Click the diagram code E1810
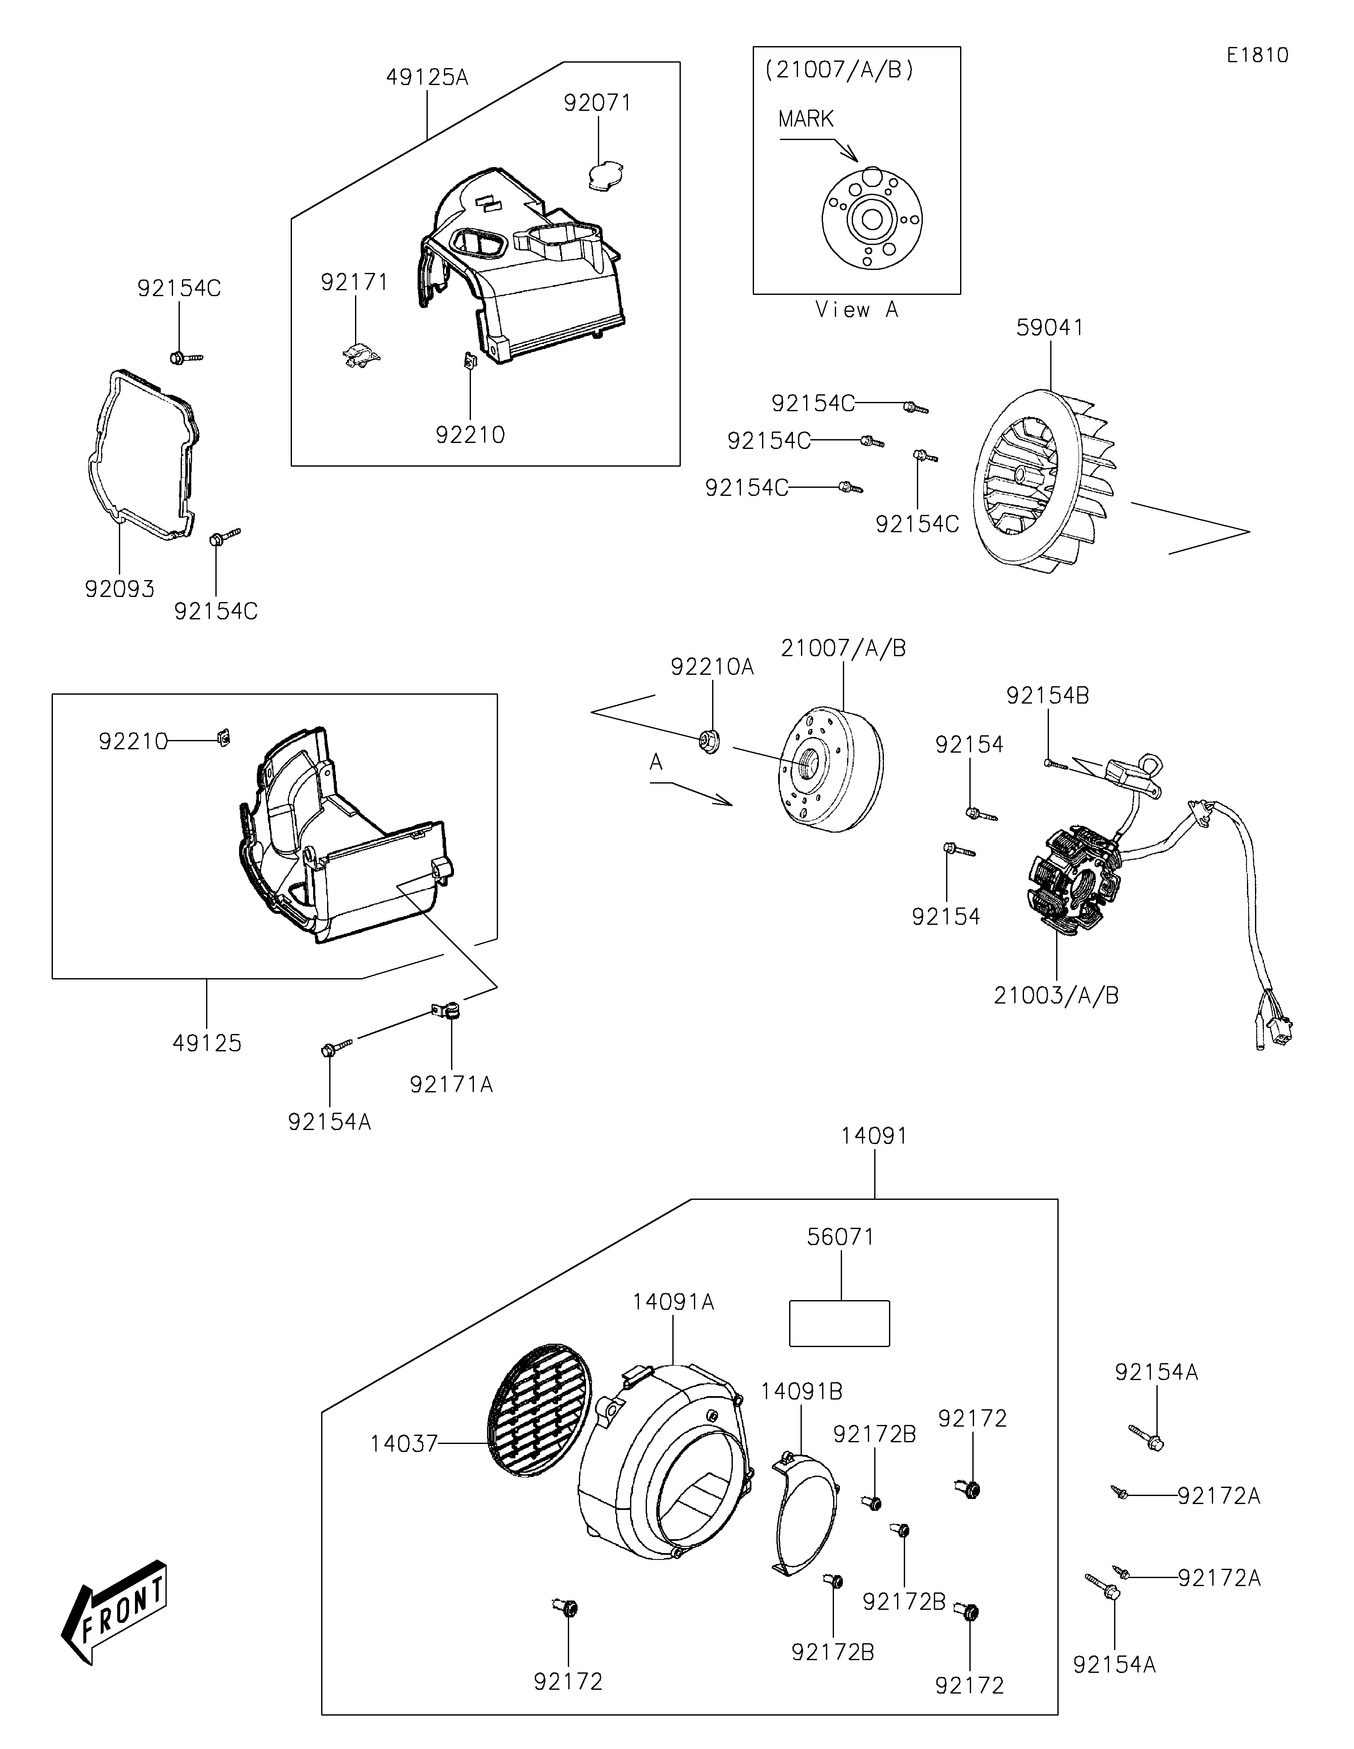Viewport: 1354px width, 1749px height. pos(1257,55)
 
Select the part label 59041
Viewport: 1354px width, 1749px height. pos(1050,327)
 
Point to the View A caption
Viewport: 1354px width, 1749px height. pos(857,310)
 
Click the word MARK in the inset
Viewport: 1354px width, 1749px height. pos(806,119)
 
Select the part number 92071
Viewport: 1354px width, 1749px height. pos(597,103)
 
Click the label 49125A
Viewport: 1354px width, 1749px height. pos(427,78)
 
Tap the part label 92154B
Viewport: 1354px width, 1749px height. pos(1047,696)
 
